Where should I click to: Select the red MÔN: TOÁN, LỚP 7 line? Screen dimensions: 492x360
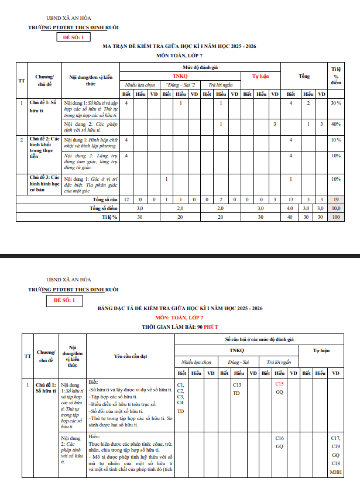click(179, 317)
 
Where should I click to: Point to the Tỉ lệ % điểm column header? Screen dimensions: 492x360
click(335, 76)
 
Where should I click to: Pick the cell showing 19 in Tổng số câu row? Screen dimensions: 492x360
click(335, 199)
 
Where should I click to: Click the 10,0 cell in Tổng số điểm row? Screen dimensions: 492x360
click(335, 208)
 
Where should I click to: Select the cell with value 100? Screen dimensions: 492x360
click(335, 217)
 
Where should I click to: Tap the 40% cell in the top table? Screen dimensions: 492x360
click(335, 124)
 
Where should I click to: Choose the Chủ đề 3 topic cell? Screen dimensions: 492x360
click(44, 183)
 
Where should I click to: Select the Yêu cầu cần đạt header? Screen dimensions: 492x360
click(131, 356)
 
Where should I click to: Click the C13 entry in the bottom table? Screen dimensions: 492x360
click(236, 385)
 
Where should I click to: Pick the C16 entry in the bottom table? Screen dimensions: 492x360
click(279, 438)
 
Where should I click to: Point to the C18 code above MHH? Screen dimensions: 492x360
click(335, 463)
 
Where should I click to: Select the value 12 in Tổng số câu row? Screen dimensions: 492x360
click(126, 199)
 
